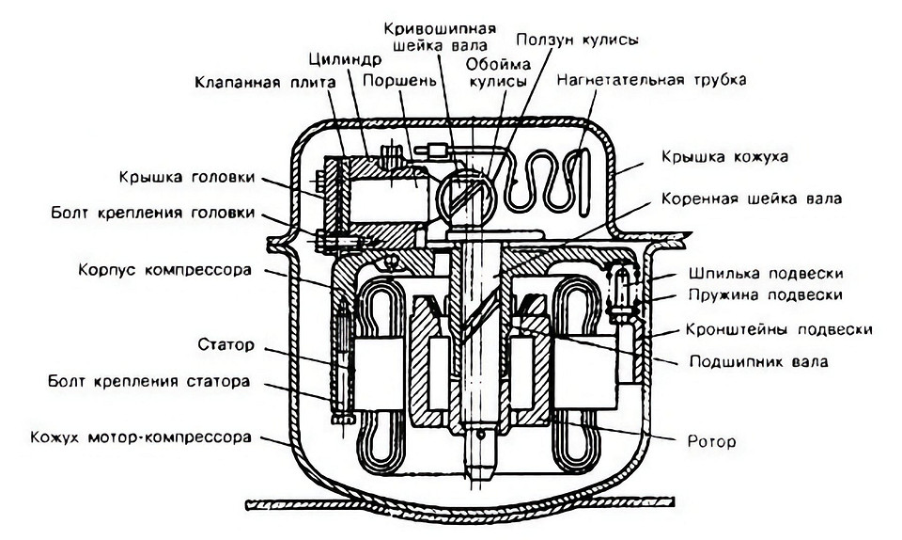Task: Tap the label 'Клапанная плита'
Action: pos(265,82)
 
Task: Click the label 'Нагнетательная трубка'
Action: pos(651,80)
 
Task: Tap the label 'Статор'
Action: pos(225,345)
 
